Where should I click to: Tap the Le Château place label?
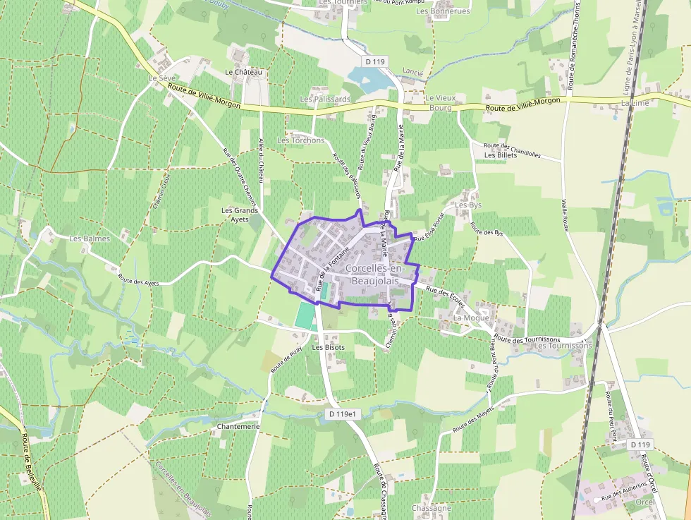tap(243, 72)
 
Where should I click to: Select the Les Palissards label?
tap(325, 99)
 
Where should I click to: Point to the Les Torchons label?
tap(301, 140)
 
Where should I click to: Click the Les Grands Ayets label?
tap(240, 214)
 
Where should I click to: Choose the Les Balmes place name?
tap(90, 238)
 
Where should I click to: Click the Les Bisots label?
tap(329, 347)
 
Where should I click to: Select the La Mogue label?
tap(471, 318)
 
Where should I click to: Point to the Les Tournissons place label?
tap(563, 346)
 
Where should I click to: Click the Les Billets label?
tap(501, 155)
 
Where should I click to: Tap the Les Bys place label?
tap(469, 205)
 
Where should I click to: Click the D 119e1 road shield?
tap(344, 414)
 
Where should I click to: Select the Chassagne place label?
tap(430, 508)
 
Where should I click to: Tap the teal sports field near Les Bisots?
tap(305, 315)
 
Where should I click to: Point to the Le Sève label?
tap(161, 78)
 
